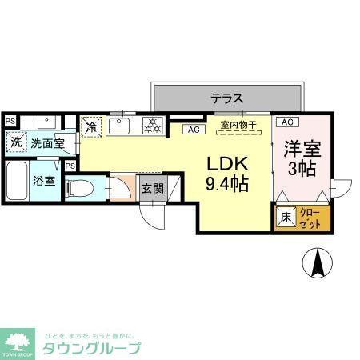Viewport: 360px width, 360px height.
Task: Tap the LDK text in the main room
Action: (x=227, y=164)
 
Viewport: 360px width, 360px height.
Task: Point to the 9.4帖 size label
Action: (x=227, y=184)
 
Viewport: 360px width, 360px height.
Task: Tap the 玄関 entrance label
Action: (x=152, y=189)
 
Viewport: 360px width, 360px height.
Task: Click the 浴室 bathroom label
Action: (x=44, y=180)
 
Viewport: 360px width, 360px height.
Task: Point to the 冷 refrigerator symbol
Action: (x=92, y=126)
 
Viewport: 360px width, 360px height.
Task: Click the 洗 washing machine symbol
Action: (x=16, y=142)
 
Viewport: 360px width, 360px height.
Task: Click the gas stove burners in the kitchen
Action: (x=152, y=126)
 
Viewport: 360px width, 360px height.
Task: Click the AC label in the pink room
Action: (x=287, y=122)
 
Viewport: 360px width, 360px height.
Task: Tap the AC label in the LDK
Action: (x=193, y=129)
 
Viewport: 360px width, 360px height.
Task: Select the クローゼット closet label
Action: (x=310, y=217)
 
